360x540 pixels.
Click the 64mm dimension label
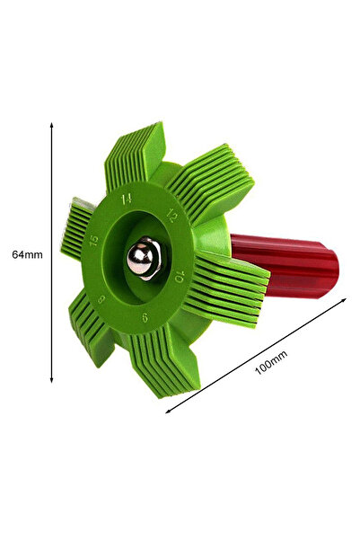pyautogui.click(x=27, y=255)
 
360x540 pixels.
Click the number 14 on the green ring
pyautogui.click(x=127, y=199)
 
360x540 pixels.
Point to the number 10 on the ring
pyautogui.click(x=180, y=277)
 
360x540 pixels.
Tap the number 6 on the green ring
pyautogui.click(x=145, y=317)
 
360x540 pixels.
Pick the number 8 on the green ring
pyautogui.click(x=101, y=299)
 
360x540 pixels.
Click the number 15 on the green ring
pyautogui.click(x=93, y=241)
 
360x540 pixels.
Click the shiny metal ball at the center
pyautogui.click(x=140, y=257)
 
